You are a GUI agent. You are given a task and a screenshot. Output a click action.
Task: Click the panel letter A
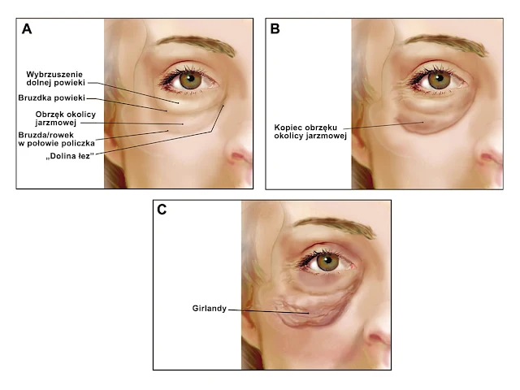27,30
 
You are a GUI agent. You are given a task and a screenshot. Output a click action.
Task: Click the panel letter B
275,30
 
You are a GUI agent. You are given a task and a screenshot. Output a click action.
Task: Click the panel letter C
162,210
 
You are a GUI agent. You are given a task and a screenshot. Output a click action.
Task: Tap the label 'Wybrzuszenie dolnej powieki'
54,79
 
